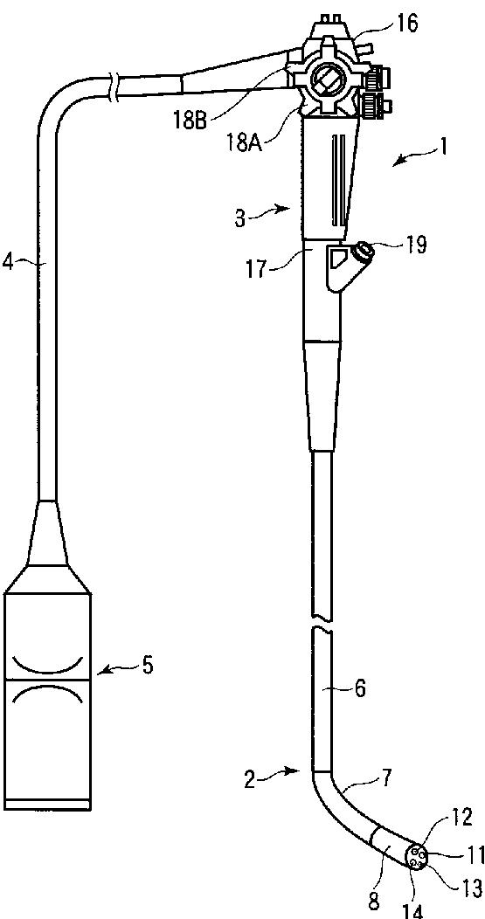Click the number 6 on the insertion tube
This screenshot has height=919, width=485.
point(359,689)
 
